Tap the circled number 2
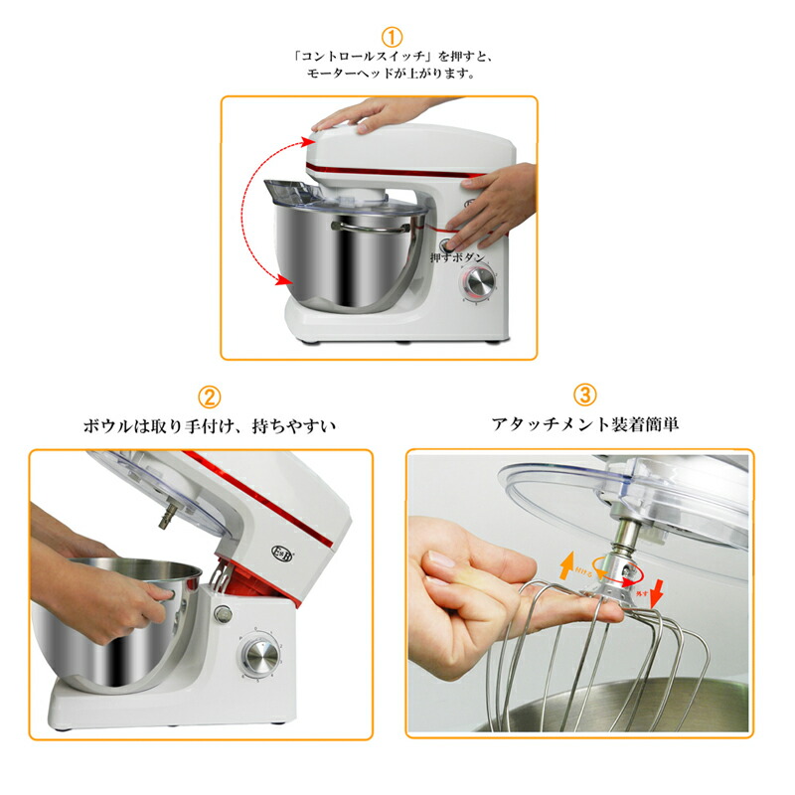point(209,397)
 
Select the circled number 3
point(585,396)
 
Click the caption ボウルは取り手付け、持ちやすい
point(209,426)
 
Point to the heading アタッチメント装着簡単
point(585,424)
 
